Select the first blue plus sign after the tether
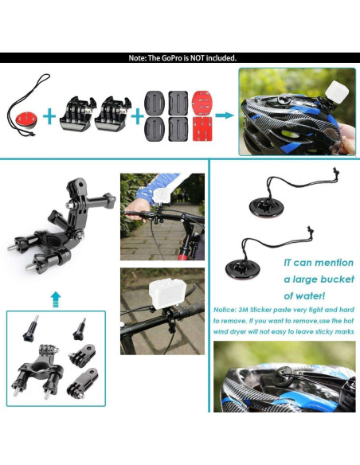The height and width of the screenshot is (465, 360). tap(50, 116)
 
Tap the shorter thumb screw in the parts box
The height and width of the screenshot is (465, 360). tap(78, 327)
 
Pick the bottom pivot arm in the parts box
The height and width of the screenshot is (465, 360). tap(81, 391)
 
